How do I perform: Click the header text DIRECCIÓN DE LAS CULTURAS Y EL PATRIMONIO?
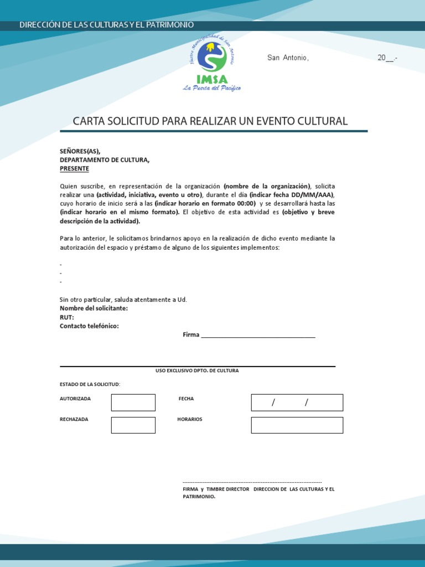click(106, 25)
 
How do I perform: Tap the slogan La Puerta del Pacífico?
click(212, 88)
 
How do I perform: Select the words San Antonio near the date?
click(288, 58)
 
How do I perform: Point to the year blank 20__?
click(387, 58)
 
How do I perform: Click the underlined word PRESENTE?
click(74, 168)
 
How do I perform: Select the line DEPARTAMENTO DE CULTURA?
click(105, 160)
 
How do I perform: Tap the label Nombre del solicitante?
click(94, 308)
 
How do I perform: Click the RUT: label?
click(67, 317)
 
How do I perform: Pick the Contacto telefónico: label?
click(89, 326)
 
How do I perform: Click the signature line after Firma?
click(258, 336)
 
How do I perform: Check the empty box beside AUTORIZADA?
click(133, 403)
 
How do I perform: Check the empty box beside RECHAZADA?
click(133, 425)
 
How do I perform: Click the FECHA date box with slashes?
click(297, 403)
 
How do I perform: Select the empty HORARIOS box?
click(297, 425)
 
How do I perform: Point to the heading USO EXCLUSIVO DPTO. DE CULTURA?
click(197, 370)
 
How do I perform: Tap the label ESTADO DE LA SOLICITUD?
click(90, 384)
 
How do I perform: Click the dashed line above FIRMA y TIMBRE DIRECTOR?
click(252, 483)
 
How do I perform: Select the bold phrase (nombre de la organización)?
click(267, 186)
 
